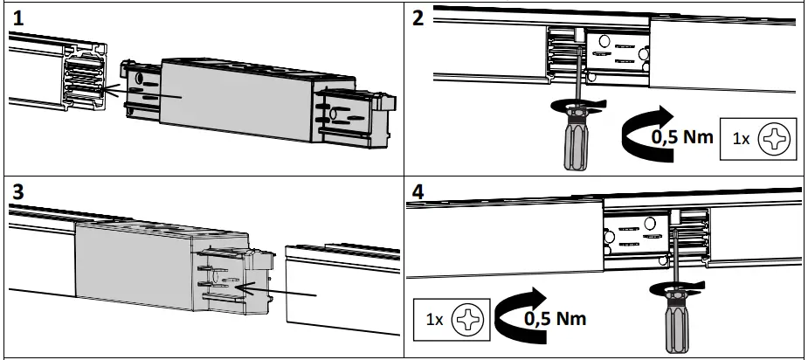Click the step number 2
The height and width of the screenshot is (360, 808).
(418, 17)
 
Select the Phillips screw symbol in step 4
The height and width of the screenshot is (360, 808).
(467, 319)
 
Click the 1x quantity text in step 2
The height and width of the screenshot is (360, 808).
(740, 139)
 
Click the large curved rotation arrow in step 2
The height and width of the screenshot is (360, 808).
(638, 135)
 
